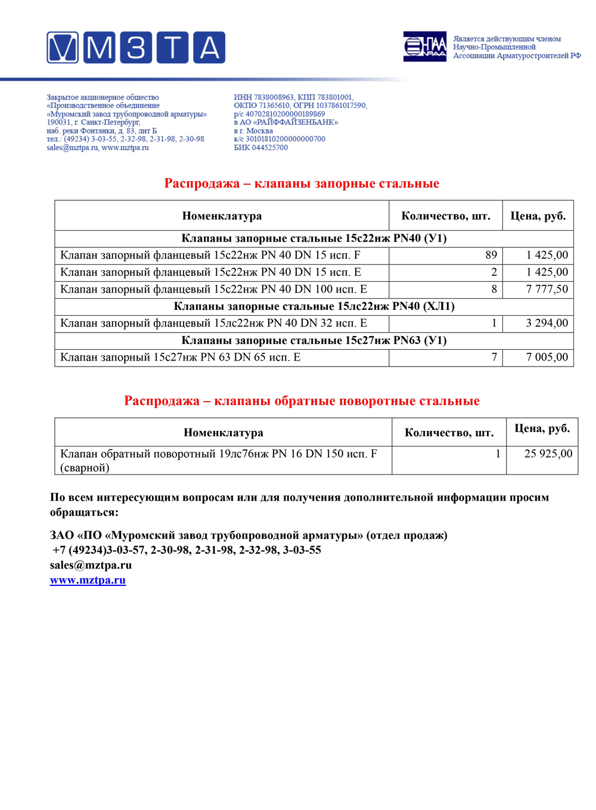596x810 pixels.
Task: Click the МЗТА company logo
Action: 136,48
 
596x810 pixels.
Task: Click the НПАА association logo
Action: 424,46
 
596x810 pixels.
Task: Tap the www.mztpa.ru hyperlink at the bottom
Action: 88,580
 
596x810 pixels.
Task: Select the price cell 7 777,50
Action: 547,289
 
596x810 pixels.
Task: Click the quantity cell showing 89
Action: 491,255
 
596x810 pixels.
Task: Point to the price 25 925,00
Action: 548,454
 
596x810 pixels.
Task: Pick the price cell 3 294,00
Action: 547,323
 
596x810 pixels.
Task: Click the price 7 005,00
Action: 547,357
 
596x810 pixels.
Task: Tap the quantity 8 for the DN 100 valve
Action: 493,289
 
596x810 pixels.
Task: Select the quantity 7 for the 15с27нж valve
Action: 493,357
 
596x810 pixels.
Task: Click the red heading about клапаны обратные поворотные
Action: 302,401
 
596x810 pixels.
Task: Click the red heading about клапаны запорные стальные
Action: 302,184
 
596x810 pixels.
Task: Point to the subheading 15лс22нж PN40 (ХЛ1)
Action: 314,306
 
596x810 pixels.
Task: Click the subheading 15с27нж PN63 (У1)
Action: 314,340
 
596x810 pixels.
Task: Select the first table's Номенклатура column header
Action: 222,216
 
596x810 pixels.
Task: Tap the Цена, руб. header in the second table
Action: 542,429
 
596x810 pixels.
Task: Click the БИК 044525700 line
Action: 260,148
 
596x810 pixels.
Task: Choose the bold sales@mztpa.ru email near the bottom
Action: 91,565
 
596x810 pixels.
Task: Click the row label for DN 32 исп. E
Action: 213,323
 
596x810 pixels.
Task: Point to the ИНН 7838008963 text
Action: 263,97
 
